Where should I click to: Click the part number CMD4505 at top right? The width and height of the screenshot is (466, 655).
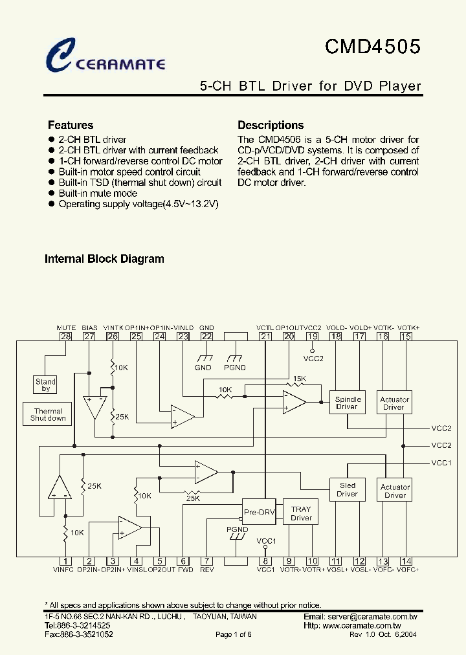372,47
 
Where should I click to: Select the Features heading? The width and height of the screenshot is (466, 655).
71,126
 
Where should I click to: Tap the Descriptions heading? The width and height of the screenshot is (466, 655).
271,126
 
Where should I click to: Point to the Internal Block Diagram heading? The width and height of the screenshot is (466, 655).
104,259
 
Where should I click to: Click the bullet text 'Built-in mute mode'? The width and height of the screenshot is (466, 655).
98,194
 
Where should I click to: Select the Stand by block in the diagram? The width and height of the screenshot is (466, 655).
46,385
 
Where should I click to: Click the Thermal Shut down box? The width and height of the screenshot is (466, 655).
49,415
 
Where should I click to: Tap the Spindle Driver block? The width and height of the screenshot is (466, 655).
348,403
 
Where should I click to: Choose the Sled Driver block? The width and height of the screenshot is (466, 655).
348,489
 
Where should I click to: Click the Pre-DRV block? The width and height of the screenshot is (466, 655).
259,512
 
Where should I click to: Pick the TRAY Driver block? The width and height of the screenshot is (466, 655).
301,513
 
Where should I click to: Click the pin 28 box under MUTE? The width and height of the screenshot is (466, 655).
65,336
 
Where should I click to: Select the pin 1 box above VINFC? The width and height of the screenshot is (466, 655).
65,562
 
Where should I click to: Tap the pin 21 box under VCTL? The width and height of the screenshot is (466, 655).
265,336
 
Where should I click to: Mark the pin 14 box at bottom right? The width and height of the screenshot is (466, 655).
406,562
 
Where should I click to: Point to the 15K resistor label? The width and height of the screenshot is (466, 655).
300,379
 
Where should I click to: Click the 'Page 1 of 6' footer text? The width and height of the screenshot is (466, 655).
233,635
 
